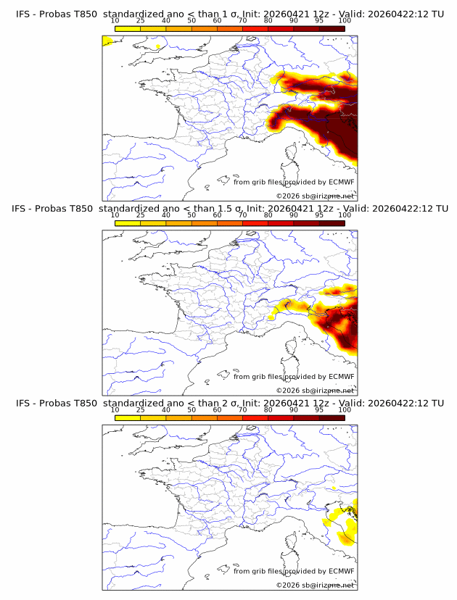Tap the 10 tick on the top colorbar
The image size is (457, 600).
point(115,22)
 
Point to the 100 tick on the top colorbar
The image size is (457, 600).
point(345,22)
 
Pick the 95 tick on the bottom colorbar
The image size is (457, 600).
point(319,410)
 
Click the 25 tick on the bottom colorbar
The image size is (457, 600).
point(141,410)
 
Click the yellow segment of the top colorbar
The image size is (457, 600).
point(128,28)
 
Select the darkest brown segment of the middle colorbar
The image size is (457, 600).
point(332,223)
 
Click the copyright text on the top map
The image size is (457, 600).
point(315,196)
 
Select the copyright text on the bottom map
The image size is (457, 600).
point(315,585)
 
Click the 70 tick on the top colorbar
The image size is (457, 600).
point(243,22)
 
